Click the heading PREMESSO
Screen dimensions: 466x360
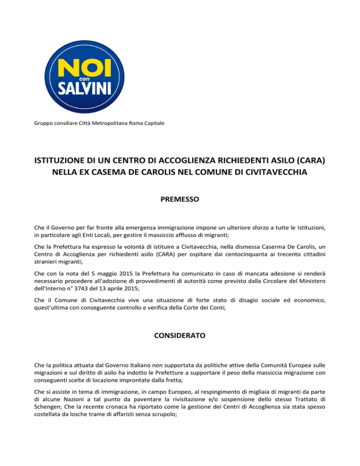180,199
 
